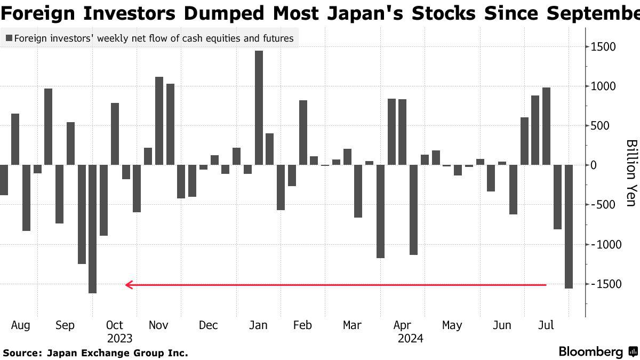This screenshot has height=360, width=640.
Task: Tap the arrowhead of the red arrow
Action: (x=129, y=285)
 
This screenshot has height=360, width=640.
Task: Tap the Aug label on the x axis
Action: (x=20, y=325)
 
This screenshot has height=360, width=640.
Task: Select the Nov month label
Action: (x=158, y=325)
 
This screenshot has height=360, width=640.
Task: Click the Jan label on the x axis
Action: (x=258, y=325)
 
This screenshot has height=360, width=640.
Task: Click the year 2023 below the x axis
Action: (x=119, y=338)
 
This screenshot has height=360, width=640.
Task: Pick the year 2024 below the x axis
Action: (x=410, y=338)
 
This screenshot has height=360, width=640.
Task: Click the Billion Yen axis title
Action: (x=631, y=173)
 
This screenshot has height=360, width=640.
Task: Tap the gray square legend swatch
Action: (x=9, y=38)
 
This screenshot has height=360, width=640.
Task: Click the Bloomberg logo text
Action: (x=590, y=352)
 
